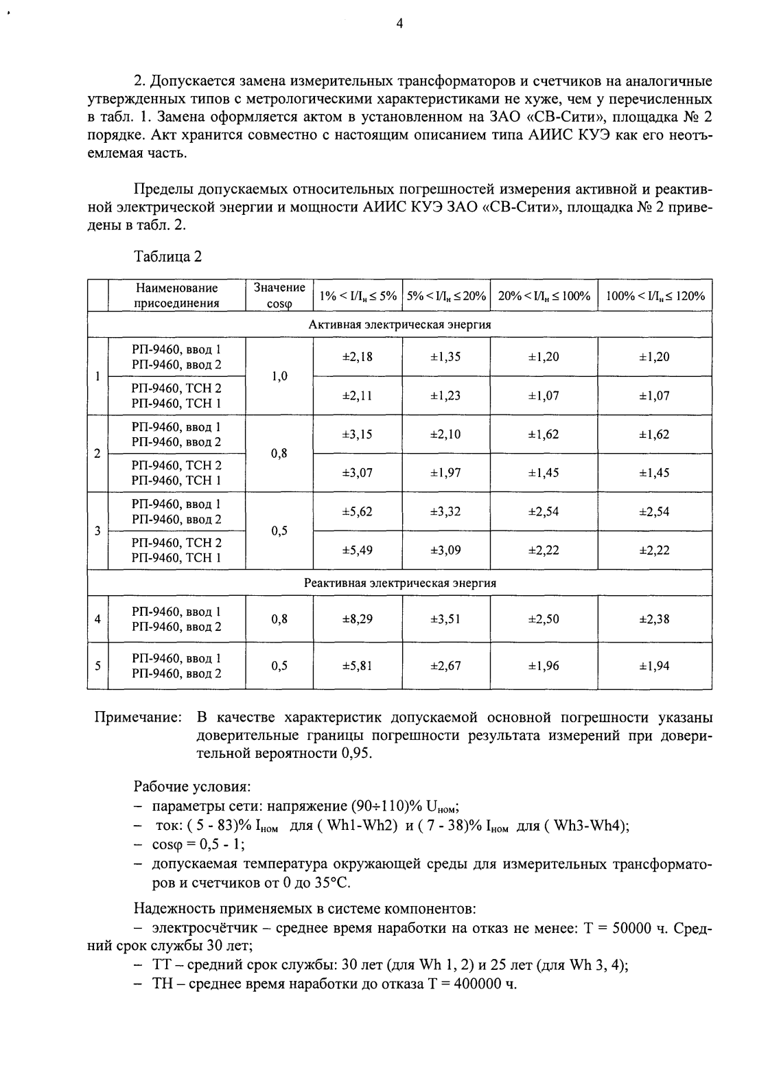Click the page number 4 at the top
[x=399, y=24]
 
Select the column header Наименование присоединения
[x=176, y=296]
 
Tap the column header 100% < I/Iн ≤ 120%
[x=655, y=296]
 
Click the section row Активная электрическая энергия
[x=399, y=325]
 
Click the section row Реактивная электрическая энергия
[x=399, y=583]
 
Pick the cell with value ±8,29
[x=358, y=619]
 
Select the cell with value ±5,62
[x=358, y=511]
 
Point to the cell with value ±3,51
[x=445, y=619]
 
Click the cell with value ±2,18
[x=358, y=357]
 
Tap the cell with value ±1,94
[x=655, y=666]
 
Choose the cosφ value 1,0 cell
[x=279, y=376]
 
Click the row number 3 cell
[x=98, y=531]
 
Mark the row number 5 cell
[x=98, y=666]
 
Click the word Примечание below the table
[x=137, y=718]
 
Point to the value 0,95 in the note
[x=355, y=754]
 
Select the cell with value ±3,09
[x=445, y=551]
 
